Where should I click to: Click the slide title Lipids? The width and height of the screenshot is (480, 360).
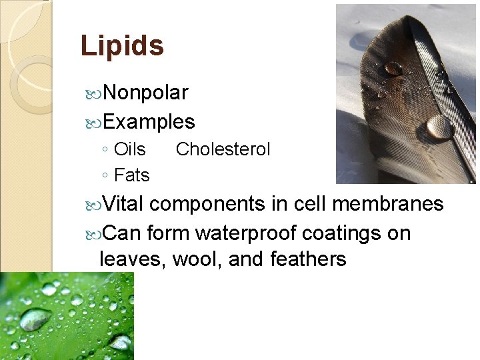(121, 46)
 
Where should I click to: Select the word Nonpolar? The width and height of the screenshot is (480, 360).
(146, 93)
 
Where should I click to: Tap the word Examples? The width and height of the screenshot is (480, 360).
(149, 122)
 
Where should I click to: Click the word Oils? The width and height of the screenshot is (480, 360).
(130, 149)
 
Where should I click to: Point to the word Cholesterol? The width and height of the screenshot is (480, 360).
(223, 149)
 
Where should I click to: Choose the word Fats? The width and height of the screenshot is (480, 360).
(132, 175)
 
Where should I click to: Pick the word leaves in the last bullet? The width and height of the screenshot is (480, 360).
(131, 259)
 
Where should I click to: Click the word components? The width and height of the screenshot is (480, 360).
(212, 204)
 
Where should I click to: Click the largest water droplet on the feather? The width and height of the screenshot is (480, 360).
(439, 126)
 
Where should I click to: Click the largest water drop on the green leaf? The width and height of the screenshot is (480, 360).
(35, 319)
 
